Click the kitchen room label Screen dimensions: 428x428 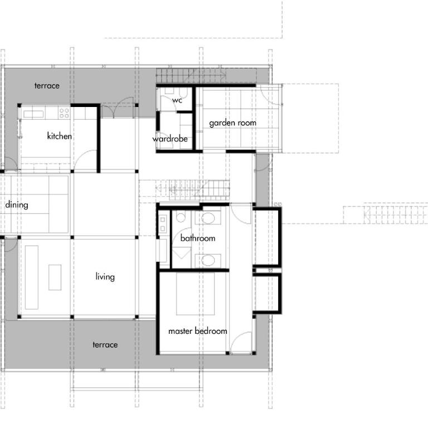click(59, 135)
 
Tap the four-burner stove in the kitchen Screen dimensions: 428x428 click(64, 113)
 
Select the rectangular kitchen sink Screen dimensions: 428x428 click(33, 114)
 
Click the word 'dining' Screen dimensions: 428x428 click(17, 205)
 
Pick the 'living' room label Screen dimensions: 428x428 click(105, 277)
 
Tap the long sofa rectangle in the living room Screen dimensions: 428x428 click(32, 278)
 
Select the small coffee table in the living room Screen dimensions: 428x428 click(55, 278)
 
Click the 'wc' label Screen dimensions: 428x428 click(177, 100)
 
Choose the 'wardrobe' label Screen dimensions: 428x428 click(170, 139)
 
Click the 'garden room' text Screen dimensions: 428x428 click(232, 123)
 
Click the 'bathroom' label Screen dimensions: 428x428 click(198, 239)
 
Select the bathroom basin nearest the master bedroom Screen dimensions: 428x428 click(208, 260)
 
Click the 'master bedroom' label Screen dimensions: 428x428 click(198, 331)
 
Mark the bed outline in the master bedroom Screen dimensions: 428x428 click(195, 294)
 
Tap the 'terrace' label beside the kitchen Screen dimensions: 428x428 click(47, 86)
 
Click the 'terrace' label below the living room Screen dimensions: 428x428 click(105, 345)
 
